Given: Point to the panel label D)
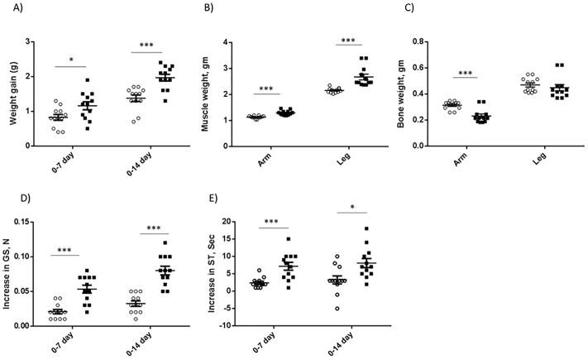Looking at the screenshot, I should click(13, 199).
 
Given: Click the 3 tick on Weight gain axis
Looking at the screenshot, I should click(30, 41).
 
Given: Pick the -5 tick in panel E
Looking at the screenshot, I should click(233, 326).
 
